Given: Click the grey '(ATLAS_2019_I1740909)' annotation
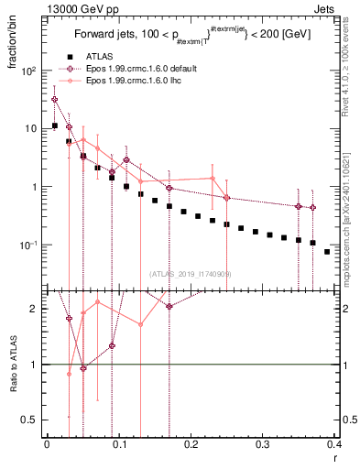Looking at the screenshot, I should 191,273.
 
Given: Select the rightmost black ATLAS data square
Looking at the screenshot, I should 327,252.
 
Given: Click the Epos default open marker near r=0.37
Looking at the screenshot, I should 313,208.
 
